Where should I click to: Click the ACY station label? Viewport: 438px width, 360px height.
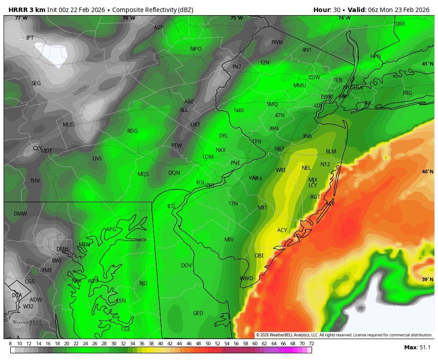point(282,230)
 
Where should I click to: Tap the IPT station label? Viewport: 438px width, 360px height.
point(30,38)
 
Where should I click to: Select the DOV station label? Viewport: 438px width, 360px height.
point(186,266)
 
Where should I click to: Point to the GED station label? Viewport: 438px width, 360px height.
point(198,313)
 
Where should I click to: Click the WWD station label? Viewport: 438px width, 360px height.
point(246,278)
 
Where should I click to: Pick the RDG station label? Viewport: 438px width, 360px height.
point(132,131)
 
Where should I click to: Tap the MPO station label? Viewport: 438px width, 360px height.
point(196,49)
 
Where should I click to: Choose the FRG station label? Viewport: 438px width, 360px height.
point(407,93)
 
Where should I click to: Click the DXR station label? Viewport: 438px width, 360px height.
point(400,24)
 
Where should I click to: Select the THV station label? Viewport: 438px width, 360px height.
point(35,181)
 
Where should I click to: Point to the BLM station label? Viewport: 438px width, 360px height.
point(331,151)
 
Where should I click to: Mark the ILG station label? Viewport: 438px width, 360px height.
point(171,206)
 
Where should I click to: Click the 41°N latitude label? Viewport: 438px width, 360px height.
point(427,64)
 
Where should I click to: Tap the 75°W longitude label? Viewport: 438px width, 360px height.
point(236,18)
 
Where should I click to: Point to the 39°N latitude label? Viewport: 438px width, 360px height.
point(427,280)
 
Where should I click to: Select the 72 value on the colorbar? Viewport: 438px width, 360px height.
point(311,344)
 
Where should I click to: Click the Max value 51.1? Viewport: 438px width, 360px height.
point(425,348)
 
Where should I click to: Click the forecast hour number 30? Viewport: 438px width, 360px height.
point(337,10)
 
